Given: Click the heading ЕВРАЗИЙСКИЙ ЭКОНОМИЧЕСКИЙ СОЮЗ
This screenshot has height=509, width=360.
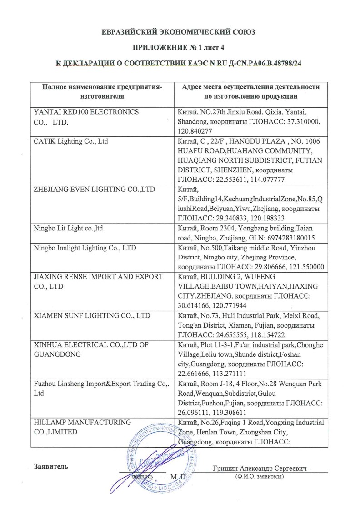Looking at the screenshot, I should pyautogui.click(x=180, y=32).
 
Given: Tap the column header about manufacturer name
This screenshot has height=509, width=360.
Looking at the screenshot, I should pyautogui.click(x=102, y=91).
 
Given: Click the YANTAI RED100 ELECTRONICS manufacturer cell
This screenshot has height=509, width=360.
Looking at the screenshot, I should pyautogui.click(x=87, y=116).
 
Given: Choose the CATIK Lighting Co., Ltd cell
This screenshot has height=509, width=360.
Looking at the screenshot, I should pyautogui.click(x=71, y=141).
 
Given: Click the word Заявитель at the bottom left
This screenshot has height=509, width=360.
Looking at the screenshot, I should pyautogui.click(x=51, y=466).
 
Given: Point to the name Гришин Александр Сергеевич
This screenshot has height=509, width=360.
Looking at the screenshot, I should pyautogui.click(x=260, y=468).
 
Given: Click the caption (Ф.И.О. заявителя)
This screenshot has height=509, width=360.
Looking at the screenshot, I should pyautogui.click(x=260, y=477).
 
